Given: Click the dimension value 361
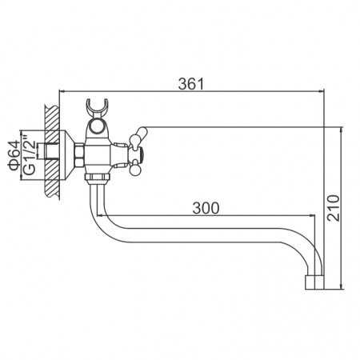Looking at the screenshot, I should click(x=189, y=82).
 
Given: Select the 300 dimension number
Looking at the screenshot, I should click(x=206, y=208).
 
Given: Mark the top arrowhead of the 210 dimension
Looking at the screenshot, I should click(x=341, y=126).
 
